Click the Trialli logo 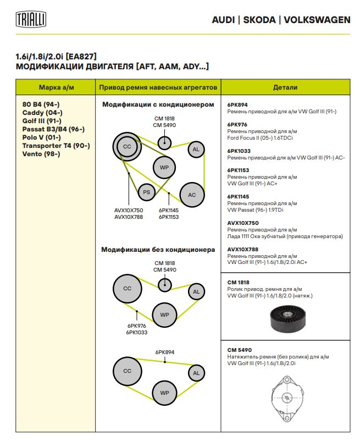pos(30,20)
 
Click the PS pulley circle pos(146,192)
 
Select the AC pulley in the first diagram pos(192,195)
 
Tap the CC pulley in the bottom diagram pos(127,371)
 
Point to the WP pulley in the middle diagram pos(164,315)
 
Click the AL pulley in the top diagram pos(196,149)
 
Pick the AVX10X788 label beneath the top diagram pos(128,217)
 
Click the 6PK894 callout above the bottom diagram pos(164,351)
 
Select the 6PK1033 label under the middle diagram pos(136,332)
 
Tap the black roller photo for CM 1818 pos(288,319)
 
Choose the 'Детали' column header pos(285,87)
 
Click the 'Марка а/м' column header pos(55,87)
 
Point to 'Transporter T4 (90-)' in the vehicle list pos(56,146)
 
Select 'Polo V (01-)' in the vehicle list pos(41,137)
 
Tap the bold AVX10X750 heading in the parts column pos(243,223)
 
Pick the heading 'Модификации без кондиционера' pos(158,249)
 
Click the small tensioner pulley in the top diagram pos(164,142)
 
